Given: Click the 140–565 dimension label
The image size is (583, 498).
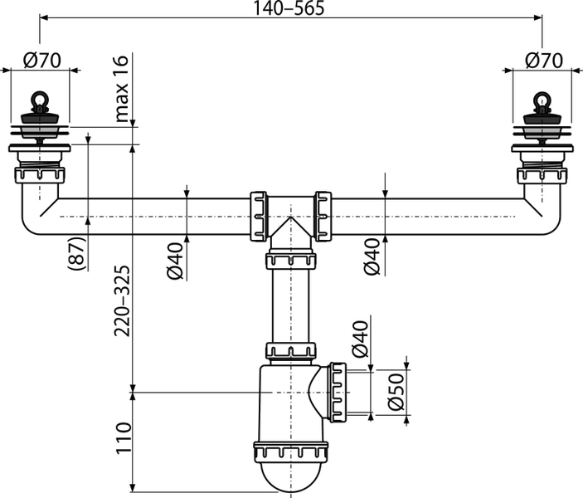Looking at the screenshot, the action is [x=289, y=8].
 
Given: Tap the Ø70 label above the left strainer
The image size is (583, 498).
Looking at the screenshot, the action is [x=41, y=61].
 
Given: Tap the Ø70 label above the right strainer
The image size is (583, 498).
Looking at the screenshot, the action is [x=544, y=61].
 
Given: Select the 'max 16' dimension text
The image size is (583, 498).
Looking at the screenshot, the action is [x=122, y=89].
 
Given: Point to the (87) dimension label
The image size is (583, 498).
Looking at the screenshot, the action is [x=77, y=254].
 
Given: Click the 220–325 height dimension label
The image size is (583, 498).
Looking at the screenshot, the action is [x=122, y=300].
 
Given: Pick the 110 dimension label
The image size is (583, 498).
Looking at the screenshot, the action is [x=124, y=438].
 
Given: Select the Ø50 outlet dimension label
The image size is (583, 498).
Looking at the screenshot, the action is [x=396, y=392].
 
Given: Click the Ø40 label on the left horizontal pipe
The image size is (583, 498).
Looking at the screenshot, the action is [x=175, y=261].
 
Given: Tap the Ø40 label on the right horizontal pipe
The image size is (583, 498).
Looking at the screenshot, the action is [x=372, y=256].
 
